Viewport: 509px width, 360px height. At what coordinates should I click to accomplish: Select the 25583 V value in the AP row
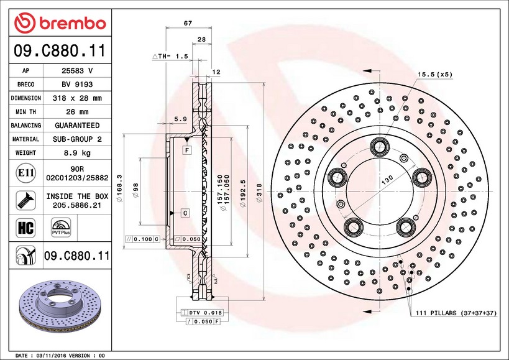(76, 70)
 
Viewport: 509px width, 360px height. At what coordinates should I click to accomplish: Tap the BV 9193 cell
(76, 85)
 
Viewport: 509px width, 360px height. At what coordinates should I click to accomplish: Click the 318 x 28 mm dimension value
(76, 98)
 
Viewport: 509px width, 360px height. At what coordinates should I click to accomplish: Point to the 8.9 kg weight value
(76, 153)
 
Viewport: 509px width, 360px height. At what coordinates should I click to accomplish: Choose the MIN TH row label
(25, 112)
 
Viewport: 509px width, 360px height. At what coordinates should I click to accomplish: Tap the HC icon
(25, 227)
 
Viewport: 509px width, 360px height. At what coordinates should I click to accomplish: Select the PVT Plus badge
(61, 227)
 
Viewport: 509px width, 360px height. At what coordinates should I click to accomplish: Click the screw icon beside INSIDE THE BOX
(25, 200)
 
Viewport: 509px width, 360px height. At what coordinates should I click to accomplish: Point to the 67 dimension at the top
(188, 23)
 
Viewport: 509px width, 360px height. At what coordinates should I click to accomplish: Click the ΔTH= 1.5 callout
(170, 56)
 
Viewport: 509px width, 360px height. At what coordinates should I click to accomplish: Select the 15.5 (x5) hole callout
(434, 74)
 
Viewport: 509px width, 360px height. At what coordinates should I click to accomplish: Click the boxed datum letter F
(186, 150)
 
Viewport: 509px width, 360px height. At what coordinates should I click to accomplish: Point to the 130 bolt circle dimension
(387, 179)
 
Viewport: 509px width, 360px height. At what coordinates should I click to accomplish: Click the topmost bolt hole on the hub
(378, 147)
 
